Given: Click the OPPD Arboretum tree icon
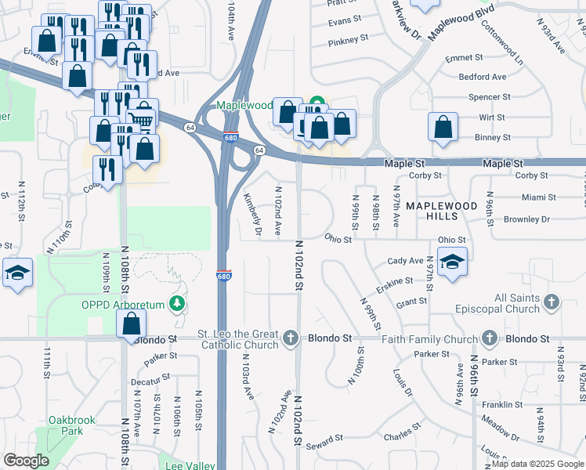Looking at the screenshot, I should pyautogui.click(x=179, y=303).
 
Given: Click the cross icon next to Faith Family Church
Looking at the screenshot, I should pyautogui.click(x=490, y=339).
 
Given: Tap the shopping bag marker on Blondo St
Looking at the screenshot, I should pyautogui.click(x=132, y=324).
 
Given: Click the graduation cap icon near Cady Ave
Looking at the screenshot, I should pyautogui.click(x=452, y=262).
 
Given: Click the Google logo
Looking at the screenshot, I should pyautogui.click(x=26, y=461).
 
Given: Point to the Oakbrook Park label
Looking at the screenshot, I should pyautogui.click(x=71, y=425).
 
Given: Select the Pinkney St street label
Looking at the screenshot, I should pyautogui.click(x=348, y=40).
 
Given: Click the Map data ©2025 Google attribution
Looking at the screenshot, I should pyautogui.click(x=537, y=464).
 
